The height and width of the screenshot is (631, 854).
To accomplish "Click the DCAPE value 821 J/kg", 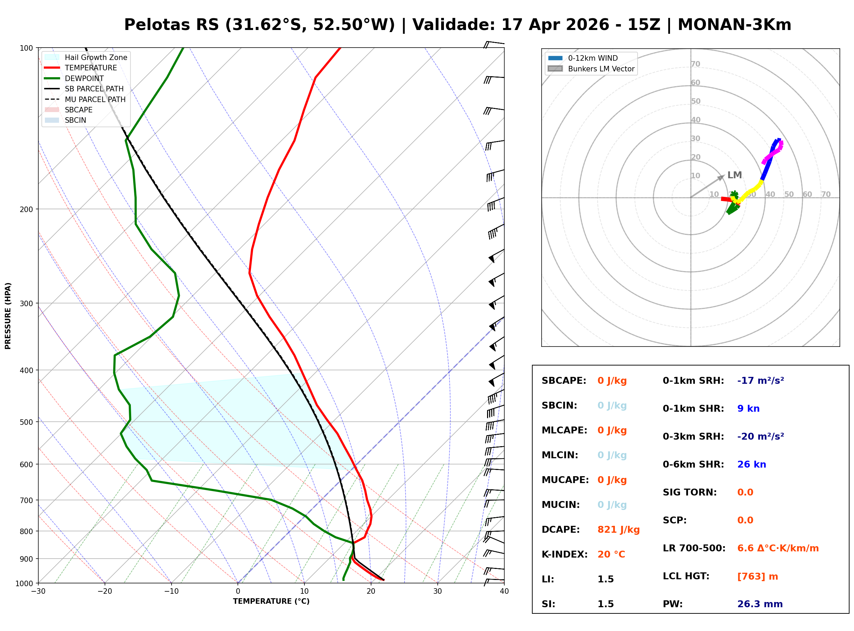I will click(x=618, y=529).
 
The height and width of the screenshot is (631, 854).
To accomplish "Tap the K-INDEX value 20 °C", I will click(x=611, y=554).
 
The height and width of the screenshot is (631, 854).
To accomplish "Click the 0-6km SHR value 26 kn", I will click(x=751, y=464).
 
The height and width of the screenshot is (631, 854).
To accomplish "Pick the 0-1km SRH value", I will click(x=760, y=380).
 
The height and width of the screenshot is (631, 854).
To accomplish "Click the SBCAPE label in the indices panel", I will click(x=563, y=380).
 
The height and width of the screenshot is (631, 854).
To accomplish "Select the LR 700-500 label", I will click(x=694, y=548).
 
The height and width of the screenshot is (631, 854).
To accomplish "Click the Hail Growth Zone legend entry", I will click(x=96, y=57).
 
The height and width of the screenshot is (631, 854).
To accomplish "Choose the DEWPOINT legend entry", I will click(x=84, y=78).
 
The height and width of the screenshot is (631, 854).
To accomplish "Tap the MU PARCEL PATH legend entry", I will click(x=95, y=99).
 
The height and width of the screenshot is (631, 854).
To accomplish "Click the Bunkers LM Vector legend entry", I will click(x=601, y=69).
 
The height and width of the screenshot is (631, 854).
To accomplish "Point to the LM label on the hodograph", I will click(x=734, y=175).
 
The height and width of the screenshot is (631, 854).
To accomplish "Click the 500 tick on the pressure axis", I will click(x=26, y=422).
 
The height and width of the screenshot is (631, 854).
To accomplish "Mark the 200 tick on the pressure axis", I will click(x=26, y=209).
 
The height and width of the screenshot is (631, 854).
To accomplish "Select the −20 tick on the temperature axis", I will click(x=104, y=591).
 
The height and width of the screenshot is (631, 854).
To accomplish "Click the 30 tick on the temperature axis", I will click(x=437, y=591).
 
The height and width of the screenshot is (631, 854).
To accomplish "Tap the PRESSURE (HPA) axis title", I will click(x=8, y=315).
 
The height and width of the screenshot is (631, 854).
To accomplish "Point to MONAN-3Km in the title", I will click(x=734, y=25).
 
